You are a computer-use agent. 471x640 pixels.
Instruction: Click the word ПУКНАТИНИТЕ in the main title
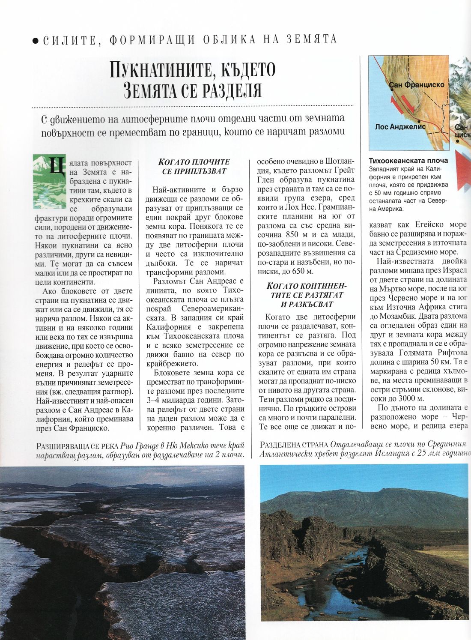click(x=161, y=70)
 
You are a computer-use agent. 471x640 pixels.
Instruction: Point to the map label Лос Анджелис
click(x=400, y=127)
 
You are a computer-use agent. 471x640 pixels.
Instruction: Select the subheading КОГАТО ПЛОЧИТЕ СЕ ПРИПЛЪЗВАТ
click(x=194, y=166)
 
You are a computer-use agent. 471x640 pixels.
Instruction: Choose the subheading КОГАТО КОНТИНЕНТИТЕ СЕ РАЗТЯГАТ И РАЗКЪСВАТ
click(x=307, y=295)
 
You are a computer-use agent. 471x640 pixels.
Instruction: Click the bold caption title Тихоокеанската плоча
click(x=408, y=161)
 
